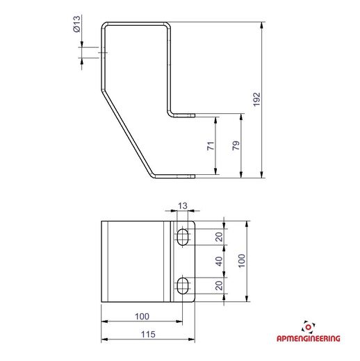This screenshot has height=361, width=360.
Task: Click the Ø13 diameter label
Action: pyautogui.click(x=76, y=24)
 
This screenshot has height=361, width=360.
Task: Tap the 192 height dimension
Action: pyautogui.click(x=257, y=99)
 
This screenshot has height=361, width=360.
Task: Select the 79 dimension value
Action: pyautogui.click(x=236, y=145)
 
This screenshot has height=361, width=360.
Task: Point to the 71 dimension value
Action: pyautogui.click(x=211, y=146)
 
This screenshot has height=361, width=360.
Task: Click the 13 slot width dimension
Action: pyautogui.click(x=183, y=205)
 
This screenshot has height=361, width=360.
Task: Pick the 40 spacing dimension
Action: pyautogui.click(x=219, y=261)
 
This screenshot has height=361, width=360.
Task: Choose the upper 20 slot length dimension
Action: pyautogui.click(x=219, y=237)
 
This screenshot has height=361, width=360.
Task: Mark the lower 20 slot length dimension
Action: pyautogui.click(x=219, y=285)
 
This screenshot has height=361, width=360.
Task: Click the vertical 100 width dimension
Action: pyautogui.click(x=242, y=260)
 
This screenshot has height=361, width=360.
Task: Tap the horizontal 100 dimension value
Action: pyautogui.click(x=142, y=317)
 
